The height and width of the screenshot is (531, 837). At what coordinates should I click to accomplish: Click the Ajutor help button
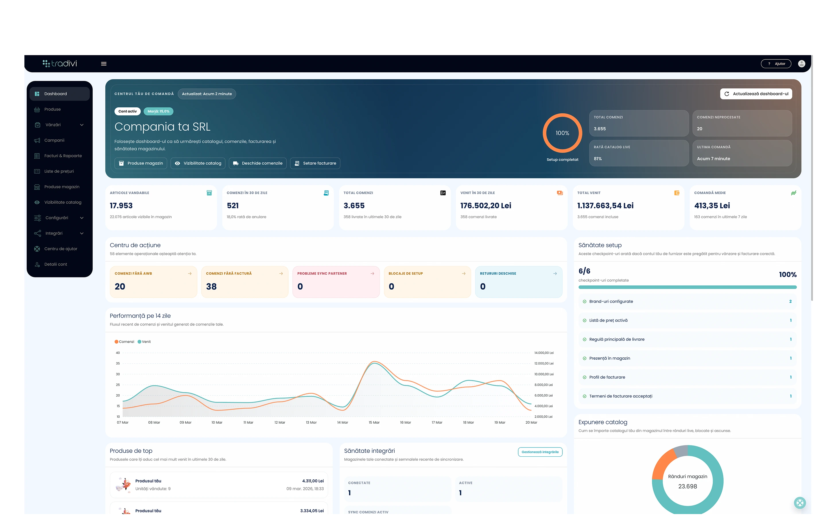point(776,64)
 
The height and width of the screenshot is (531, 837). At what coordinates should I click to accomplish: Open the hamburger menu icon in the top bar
point(104,64)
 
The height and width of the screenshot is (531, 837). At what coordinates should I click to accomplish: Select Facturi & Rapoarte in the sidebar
point(63,156)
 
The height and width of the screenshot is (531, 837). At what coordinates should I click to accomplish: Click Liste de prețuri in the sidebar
point(59,171)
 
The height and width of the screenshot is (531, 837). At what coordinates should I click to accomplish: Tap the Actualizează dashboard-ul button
point(756,94)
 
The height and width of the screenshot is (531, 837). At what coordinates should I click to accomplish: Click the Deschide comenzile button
point(258,163)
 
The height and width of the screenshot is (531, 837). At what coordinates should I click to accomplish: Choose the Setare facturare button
point(315,163)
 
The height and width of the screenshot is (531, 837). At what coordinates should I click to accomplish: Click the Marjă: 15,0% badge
point(158,111)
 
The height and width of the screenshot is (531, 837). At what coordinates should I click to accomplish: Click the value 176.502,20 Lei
point(486,206)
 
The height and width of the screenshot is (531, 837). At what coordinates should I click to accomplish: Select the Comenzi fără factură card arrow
point(281,274)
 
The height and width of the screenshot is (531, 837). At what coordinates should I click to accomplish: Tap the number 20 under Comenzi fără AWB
point(120,286)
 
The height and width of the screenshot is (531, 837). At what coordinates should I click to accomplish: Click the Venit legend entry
point(144,342)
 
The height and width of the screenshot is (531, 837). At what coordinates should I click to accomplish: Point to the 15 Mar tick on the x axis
point(374,423)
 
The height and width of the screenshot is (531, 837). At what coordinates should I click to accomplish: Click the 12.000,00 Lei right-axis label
point(544,363)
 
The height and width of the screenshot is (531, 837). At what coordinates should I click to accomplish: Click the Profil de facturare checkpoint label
point(607,377)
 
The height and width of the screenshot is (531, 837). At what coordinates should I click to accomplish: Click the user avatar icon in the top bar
point(801,64)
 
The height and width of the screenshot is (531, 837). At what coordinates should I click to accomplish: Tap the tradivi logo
point(60,64)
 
